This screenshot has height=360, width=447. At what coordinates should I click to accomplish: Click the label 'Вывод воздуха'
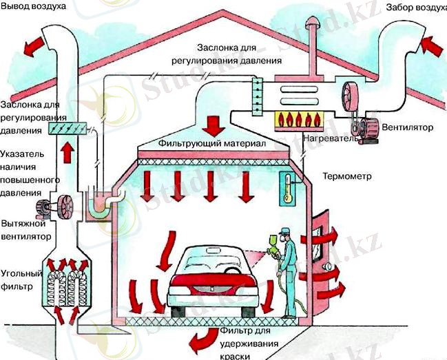[x=34, y=8]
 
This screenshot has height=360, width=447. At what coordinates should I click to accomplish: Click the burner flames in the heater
[x=300, y=118]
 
